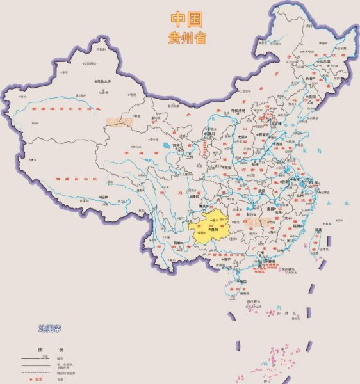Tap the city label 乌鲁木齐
[x=104, y=82]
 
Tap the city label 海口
[x=241, y=282]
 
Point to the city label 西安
[x=225, y=167]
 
